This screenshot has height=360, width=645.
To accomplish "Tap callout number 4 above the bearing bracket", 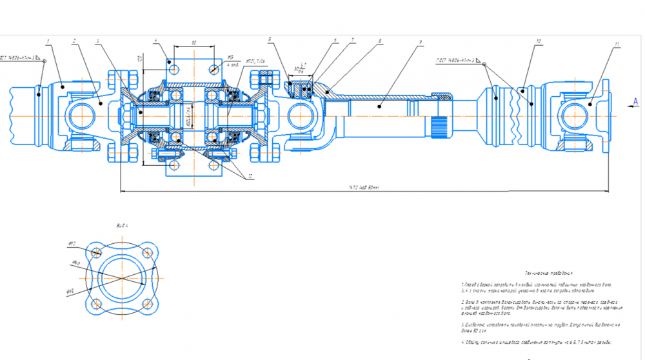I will pos(155,41).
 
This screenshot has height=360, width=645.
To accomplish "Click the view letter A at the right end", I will pos(635,101).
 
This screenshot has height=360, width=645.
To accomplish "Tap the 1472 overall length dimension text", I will pos(365,188).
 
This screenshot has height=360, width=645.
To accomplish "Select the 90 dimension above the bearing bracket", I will pos(194,43).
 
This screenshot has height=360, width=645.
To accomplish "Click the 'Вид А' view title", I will pos(122,226).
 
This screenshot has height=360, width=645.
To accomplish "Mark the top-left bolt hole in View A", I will pos(97,252).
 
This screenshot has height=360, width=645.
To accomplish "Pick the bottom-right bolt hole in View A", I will pos(150,304).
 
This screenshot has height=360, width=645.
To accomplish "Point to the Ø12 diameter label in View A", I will pos(72,243).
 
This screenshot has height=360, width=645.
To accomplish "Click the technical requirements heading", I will pos(549,273).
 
